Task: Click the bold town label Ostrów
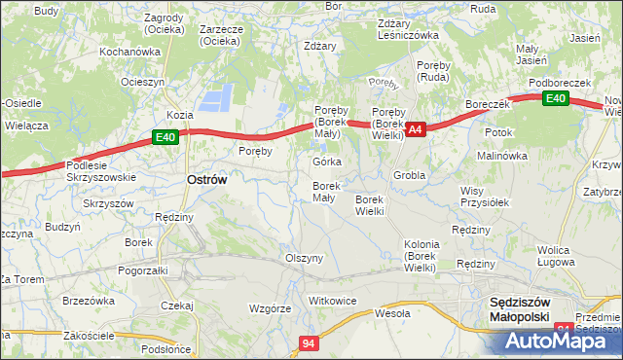(206, 180)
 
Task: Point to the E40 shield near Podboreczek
(555, 98)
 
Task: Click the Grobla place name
(410, 175)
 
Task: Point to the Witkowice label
(332, 301)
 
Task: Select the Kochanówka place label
(129, 51)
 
